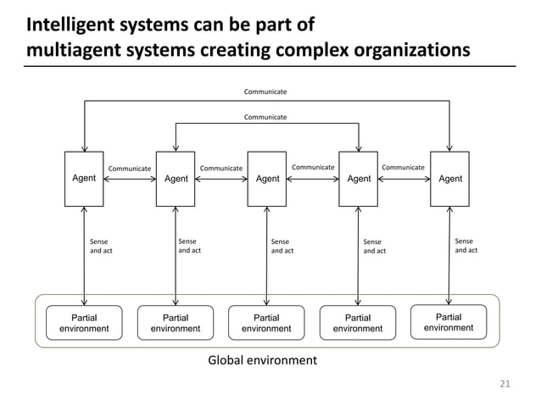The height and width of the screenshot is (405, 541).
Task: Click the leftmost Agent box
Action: coord(83,179)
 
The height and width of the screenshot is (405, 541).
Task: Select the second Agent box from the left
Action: coord(176,179)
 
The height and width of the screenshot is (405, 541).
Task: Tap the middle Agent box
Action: coord(267,179)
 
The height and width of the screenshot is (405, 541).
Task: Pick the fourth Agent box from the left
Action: coord(359,179)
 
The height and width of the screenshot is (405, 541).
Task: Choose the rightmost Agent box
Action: coord(450,179)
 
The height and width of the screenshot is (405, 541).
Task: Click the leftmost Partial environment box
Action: coord(84,323)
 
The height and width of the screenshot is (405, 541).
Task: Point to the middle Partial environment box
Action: coord(266,323)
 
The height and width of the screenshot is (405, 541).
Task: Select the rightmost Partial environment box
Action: coord(449,322)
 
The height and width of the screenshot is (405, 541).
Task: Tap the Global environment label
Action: coord(263,361)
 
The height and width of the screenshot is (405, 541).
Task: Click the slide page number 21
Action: coord(505,386)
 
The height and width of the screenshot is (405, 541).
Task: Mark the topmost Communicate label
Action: coord(265,91)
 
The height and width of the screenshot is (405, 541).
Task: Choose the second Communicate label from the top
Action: coord(265,116)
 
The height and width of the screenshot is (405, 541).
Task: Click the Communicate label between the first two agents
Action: coord(129,168)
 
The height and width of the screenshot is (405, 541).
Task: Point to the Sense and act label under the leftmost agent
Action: coord(101,247)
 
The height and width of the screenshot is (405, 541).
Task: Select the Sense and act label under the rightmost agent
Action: coord(466,245)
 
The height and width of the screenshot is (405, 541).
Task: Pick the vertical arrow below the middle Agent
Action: coord(267,255)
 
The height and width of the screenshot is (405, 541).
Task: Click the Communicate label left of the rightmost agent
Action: coord(403,168)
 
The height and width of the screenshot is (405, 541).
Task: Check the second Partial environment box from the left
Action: coord(176,323)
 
